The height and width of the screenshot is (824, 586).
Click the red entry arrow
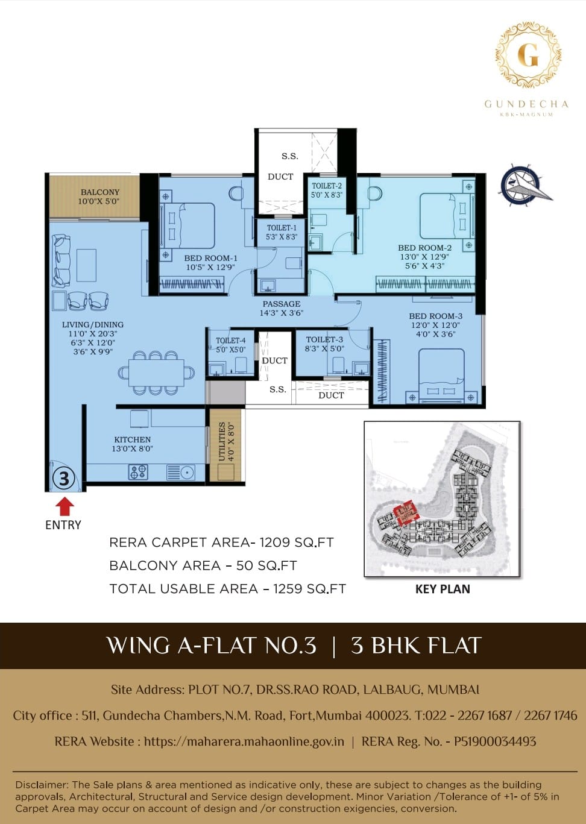[x=65, y=506]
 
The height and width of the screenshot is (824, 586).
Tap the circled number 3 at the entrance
[x=65, y=479]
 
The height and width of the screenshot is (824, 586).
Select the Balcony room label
[x=99, y=197]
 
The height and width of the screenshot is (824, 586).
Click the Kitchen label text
[x=133, y=444]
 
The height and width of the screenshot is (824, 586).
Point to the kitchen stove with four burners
[x=138, y=472]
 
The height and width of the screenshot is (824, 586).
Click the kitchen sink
[x=181, y=472]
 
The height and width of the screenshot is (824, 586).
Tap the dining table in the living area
[x=156, y=373]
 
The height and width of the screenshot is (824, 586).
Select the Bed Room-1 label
[x=211, y=263]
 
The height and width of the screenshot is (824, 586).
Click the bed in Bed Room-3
[x=441, y=376]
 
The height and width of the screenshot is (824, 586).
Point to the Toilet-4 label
[x=231, y=345]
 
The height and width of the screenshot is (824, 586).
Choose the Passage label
[x=282, y=308]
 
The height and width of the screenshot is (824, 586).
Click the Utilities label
[x=226, y=441]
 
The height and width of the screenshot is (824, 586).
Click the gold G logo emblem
[x=528, y=55]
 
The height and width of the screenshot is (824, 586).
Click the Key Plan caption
[x=443, y=589]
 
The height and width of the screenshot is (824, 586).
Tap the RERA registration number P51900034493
[x=495, y=741]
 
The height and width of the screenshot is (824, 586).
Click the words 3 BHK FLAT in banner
[x=416, y=646]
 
